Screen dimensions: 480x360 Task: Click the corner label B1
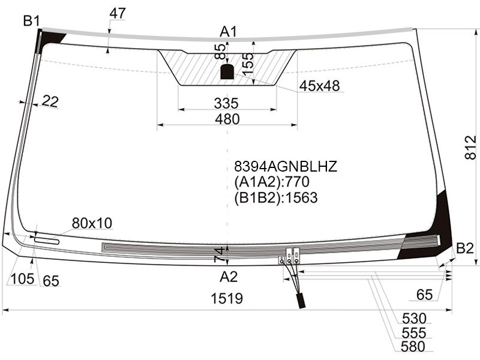31,22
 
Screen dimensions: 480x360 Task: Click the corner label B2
465,248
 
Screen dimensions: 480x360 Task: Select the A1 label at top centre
229,32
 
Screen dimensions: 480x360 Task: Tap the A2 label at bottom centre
229,277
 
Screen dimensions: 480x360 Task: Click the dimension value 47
117,13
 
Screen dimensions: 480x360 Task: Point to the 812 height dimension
470,148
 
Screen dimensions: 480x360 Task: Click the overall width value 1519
227,298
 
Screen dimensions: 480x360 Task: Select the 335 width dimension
226,103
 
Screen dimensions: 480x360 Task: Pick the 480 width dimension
227,119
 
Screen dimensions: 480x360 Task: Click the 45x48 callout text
319,86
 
